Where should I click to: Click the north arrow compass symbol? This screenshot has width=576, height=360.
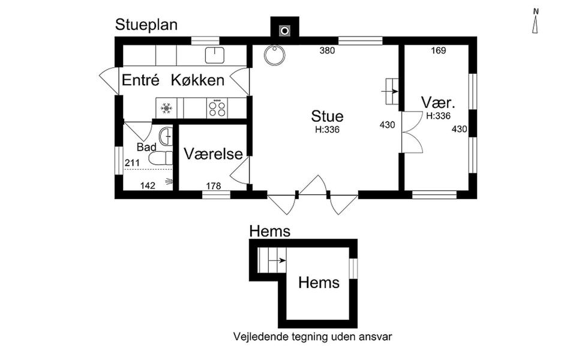coord(536,21)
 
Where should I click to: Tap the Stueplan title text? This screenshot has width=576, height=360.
coord(146,25)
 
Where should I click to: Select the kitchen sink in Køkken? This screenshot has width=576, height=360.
coord(214,55)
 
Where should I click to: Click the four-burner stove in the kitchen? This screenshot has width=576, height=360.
coord(217,108)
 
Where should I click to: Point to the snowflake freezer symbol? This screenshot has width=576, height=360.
coord(166,109)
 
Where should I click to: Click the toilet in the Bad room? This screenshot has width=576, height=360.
coord(160,158)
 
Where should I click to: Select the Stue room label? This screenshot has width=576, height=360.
coord(327,116)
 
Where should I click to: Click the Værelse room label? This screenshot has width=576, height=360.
coord(213,154)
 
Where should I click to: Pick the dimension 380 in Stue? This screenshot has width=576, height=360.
coord(326,51)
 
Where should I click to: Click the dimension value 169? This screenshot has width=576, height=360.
coord(438,51)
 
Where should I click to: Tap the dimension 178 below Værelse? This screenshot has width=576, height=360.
coord(214,186)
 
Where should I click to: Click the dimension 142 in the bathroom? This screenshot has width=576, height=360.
coord(148,186)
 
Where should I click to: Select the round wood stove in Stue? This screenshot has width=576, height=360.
coord(274,56)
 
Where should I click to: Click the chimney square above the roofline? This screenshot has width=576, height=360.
coord(285,29)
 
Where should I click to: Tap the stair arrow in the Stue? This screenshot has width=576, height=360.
coord(391,92)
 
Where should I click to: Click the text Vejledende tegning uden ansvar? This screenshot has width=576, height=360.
coord(312,337)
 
